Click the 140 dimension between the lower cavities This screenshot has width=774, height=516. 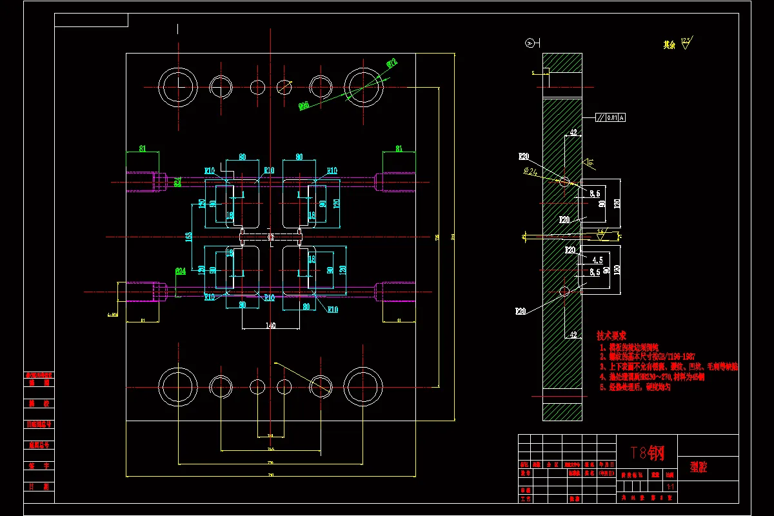[270, 326]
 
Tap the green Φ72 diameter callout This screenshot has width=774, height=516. [391, 63]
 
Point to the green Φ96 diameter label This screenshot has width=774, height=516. [304, 105]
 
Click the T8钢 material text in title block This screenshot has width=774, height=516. [646, 453]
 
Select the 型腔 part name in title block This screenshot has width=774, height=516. [699, 468]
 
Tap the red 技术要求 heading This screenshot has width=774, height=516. [611, 336]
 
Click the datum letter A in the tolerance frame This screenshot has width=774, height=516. [622, 117]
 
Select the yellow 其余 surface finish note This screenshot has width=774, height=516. [669, 45]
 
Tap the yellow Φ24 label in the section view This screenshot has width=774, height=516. [530, 171]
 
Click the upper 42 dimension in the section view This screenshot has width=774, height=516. [572, 133]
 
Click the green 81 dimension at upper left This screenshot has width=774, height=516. [143, 148]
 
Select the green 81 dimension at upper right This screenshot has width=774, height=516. [399, 148]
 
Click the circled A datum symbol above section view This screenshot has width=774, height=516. [530, 43]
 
